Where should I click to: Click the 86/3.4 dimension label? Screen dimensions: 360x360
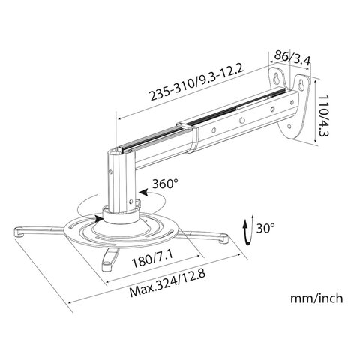[x=292, y=58]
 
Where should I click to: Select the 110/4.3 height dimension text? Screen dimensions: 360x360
[x=323, y=115]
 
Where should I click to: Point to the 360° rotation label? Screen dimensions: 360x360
[x=166, y=184]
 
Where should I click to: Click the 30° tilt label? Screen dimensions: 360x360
[x=265, y=228]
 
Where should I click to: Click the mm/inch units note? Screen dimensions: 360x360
[x=316, y=298]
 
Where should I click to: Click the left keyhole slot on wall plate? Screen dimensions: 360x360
[x=277, y=77]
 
